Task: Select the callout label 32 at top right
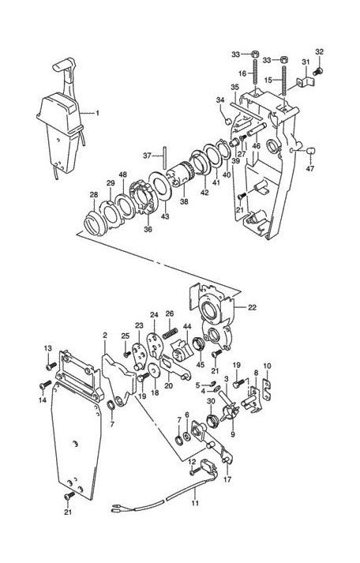tap(320, 52)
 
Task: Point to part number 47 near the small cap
tap(309, 169)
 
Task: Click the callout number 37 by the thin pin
tap(147, 156)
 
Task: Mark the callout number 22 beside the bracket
tap(252, 308)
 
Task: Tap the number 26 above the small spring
tap(168, 313)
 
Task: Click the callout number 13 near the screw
tap(47, 349)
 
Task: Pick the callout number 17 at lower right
tap(227, 478)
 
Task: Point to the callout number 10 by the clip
tap(267, 366)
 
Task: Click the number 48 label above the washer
tap(122, 175)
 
